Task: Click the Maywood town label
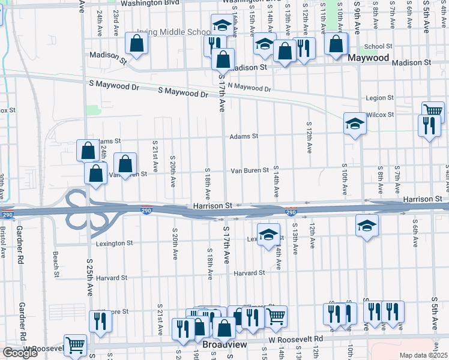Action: tap(369, 59)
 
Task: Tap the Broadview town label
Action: tap(222, 346)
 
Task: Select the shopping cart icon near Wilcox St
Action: tap(433, 111)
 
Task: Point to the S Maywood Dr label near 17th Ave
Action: tap(183, 93)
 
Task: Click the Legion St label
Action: tap(379, 97)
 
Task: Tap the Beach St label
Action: tap(56, 259)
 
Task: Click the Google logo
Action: tap(20, 352)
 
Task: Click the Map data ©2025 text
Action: tap(424, 355)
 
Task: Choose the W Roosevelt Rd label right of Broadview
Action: tap(295, 339)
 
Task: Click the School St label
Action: tap(378, 46)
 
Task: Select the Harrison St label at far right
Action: tap(423, 198)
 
